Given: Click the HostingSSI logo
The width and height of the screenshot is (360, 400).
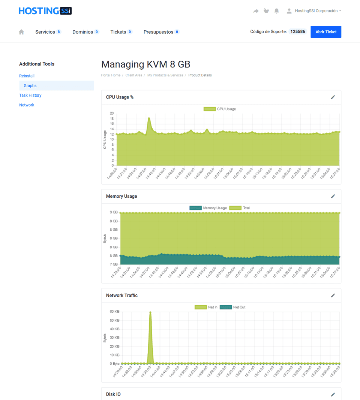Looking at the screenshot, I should pyautogui.click(x=45, y=11).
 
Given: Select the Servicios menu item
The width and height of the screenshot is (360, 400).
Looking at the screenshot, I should pyautogui.click(x=45, y=32).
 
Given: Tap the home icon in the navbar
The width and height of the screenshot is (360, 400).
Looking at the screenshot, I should pyautogui.click(x=21, y=32).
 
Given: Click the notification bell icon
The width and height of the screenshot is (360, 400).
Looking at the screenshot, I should pyautogui.click(x=277, y=11).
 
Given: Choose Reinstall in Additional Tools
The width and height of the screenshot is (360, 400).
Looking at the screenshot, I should pyautogui.click(x=27, y=76).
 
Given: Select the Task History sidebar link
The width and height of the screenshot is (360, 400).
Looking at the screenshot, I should pyautogui.click(x=30, y=96).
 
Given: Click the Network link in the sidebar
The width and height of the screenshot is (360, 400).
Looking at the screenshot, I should pyautogui.click(x=27, y=105).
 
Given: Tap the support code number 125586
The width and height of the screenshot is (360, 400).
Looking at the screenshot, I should pyautogui.click(x=298, y=32).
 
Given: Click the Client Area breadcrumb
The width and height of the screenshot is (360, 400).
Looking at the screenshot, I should pyautogui.click(x=134, y=75).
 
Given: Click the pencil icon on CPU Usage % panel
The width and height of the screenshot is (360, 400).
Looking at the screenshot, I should pyautogui.click(x=333, y=97).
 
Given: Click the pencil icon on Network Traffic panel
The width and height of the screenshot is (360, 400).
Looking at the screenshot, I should pyautogui.click(x=333, y=296).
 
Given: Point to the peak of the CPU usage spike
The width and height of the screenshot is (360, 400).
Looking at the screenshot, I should pyautogui.click(x=149, y=118).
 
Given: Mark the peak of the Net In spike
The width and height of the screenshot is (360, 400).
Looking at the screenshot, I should pyautogui.click(x=150, y=312).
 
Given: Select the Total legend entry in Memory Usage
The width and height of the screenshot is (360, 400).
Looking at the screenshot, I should pyautogui.click(x=240, y=208).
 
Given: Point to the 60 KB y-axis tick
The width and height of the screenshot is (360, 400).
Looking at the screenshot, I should pyautogui.click(x=114, y=312).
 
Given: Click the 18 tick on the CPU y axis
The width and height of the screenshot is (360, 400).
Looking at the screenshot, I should pyautogui.click(x=112, y=118).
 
